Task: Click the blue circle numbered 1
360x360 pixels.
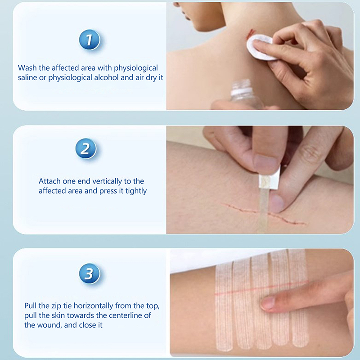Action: (90, 40)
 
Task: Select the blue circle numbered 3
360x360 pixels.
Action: (90, 274)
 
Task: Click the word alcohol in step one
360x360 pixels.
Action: (106, 77)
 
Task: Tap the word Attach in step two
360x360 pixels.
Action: (49, 181)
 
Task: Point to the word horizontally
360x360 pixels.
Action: (93, 306)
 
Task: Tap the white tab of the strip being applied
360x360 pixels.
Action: (270, 179)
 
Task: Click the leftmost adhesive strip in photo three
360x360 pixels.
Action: (224, 308)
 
